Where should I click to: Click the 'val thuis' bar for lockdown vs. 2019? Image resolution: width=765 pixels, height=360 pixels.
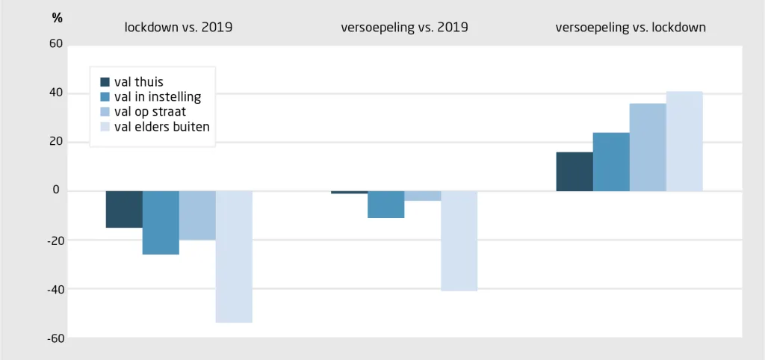tap(125, 209)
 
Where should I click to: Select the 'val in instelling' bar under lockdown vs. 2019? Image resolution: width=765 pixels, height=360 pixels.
tap(161, 223)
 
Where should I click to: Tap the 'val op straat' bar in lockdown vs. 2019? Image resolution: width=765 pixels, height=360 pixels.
tap(197, 216)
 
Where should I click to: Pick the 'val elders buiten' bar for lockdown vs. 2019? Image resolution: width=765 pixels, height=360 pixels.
tap(234, 257)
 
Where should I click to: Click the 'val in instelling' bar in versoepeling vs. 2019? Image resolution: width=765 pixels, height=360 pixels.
tap(386, 205)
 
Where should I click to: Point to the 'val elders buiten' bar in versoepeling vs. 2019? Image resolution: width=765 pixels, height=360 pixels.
tap(459, 241)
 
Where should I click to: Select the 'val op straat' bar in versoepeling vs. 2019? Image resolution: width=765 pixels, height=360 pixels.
tap(423, 196)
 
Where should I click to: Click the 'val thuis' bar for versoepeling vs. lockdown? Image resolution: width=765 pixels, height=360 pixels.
tap(574, 171)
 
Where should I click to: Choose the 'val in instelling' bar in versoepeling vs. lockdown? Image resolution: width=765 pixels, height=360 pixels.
tap(611, 161)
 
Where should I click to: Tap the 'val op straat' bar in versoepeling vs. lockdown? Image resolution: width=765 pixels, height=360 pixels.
tap(648, 147)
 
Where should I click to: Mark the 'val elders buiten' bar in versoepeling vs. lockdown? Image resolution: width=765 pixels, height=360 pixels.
tap(684, 141)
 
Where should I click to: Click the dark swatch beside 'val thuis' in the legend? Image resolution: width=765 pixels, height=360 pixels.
tap(105, 82)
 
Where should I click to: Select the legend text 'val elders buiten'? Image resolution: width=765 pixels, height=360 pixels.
tap(162, 127)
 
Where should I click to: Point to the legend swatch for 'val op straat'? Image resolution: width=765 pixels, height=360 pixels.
tap(105, 112)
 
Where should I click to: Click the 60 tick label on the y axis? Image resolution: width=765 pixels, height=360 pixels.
tap(56, 44)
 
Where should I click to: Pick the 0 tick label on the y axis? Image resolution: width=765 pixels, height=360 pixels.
tap(56, 190)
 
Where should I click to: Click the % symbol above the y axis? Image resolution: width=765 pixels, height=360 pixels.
tap(57, 19)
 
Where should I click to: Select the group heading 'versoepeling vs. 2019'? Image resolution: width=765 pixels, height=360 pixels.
tap(404, 28)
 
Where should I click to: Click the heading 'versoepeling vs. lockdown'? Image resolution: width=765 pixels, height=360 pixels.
tap(631, 28)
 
